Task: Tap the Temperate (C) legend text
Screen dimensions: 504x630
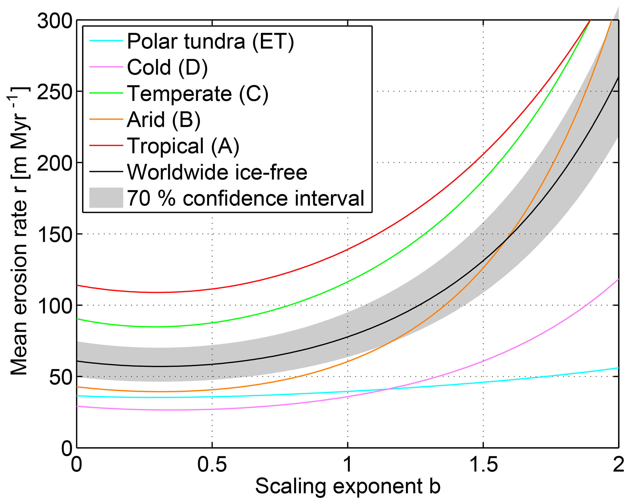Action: pos(198,93)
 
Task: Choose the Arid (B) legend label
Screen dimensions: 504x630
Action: pos(164,120)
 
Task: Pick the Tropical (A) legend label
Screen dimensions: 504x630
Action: pos(183,146)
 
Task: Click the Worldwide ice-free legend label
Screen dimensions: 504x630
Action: pos(217,172)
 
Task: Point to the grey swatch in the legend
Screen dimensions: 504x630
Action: pos(106,198)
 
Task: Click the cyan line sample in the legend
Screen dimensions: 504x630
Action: pos(106,41)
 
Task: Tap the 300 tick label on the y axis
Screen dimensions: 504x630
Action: pos(55,21)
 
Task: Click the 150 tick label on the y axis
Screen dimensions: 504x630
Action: pos(55,234)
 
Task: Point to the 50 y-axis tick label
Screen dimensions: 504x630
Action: pos(61,377)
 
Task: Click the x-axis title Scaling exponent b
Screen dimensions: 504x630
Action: pos(347,487)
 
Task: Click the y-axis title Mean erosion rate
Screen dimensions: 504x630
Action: pos(19,232)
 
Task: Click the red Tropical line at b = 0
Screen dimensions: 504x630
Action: pos(77,285)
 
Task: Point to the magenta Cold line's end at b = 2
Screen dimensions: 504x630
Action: pos(618,279)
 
